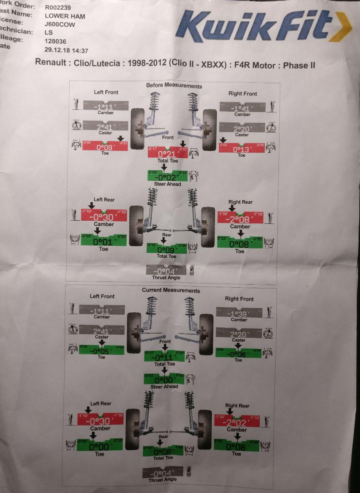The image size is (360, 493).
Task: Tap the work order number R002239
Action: [58, 7]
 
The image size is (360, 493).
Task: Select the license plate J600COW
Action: [60, 24]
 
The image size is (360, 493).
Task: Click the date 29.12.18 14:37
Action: [66, 50]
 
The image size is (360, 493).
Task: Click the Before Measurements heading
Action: [174, 86]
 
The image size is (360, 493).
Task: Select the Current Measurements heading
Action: [171, 290]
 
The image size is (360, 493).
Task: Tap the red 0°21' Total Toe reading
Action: [167, 153]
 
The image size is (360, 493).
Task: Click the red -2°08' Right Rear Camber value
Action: [240, 219]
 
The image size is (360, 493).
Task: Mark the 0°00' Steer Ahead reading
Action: [164, 380]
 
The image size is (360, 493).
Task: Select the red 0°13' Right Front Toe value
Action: [241, 149]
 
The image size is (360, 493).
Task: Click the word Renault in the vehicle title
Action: [50, 62]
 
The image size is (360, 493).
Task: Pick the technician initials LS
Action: [49, 33]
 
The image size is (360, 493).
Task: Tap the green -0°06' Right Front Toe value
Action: [238, 354]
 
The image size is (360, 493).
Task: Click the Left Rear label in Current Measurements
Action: [100, 403]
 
